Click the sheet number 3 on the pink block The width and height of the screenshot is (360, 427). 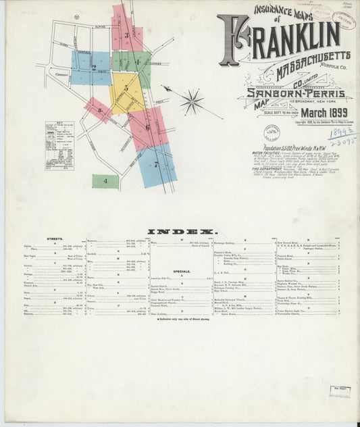pos(126,34)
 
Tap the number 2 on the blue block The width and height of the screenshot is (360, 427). pos(94,68)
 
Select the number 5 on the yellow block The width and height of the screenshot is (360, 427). pos(126,88)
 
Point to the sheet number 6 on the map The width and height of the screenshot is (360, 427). pos(147,126)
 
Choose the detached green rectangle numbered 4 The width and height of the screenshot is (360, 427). pos(105,181)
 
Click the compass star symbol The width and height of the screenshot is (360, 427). pos(192,103)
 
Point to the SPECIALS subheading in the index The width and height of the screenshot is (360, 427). pos(181,271)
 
